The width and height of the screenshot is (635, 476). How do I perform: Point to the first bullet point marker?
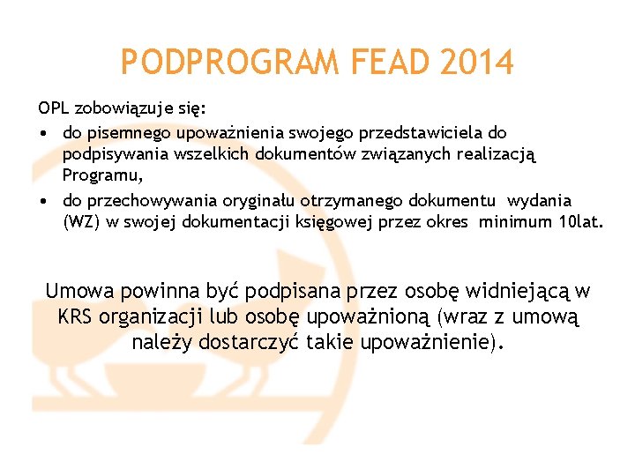coord(42,133)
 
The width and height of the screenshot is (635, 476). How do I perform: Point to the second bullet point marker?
coord(42,201)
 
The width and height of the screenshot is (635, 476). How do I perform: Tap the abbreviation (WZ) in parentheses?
coord(82,223)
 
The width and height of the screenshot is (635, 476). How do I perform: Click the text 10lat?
coord(581,223)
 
